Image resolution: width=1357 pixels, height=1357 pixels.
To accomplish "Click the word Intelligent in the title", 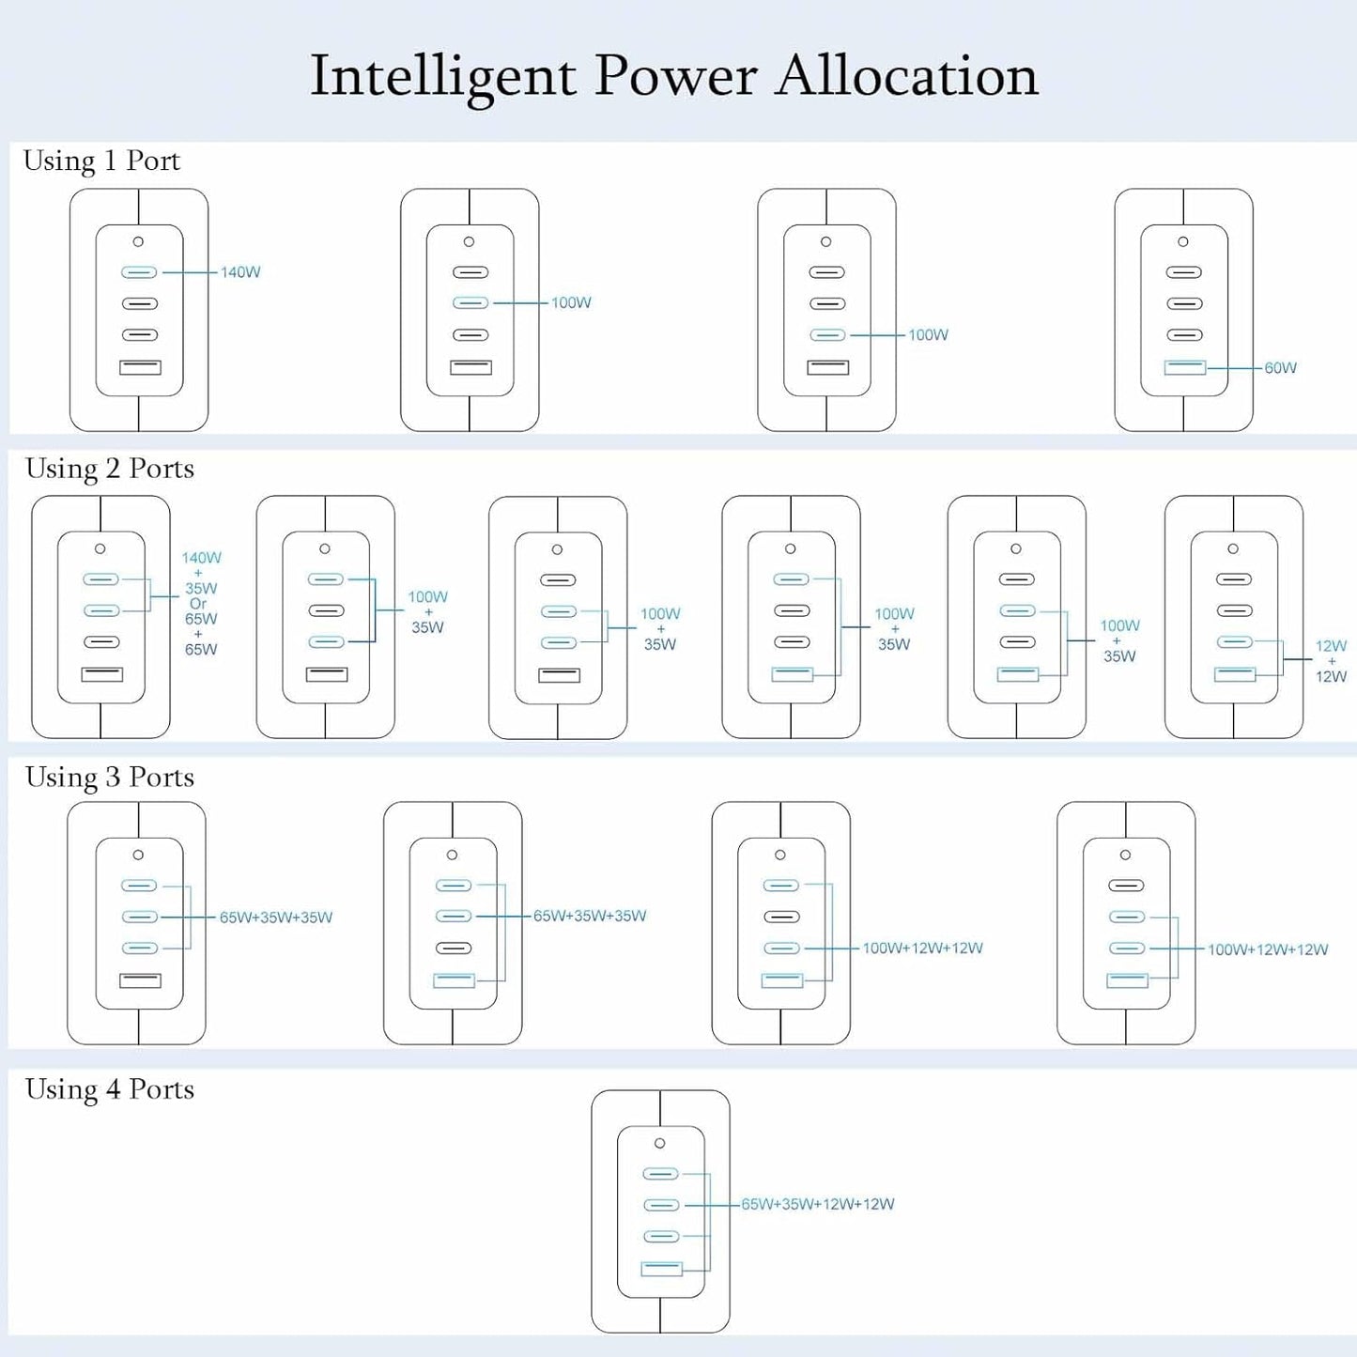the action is point(443,77).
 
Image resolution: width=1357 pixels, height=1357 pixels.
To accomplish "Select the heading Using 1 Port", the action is point(101,162).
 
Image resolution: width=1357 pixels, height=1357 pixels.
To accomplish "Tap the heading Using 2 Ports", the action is point(109,469).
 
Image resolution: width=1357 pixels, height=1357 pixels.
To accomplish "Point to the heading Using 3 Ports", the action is point(109,778).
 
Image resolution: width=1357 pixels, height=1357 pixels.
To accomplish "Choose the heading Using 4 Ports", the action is point(109,1089).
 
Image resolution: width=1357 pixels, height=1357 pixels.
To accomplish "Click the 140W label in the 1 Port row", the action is point(240,271).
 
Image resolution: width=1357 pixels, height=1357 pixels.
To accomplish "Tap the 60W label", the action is point(1280,367).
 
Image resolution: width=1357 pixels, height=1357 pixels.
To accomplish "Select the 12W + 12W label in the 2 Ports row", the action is point(1331,660).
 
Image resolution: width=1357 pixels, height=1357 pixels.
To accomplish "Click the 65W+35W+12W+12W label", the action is point(818,1204).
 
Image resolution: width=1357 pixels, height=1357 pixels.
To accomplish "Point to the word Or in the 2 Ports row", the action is point(198,604).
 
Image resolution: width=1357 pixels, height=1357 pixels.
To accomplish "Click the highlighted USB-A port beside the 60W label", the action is point(1184,367).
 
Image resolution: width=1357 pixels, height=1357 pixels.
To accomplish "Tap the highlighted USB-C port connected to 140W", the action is point(139,271).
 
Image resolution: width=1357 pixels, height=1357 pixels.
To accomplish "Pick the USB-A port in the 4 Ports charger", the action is point(661,1269).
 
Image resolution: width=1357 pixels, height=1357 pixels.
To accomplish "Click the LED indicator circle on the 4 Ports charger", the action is point(660,1143).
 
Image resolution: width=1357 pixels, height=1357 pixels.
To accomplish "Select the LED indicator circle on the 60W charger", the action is point(1183,241).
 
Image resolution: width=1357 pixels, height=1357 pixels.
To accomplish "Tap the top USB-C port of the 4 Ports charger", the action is point(660,1173).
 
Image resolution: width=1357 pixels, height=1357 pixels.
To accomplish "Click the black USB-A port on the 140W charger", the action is point(140,367).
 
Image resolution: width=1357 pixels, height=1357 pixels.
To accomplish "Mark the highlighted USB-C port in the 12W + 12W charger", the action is point(1235,641).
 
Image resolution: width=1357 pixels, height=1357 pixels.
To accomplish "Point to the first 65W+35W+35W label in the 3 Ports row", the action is point(276,917).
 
